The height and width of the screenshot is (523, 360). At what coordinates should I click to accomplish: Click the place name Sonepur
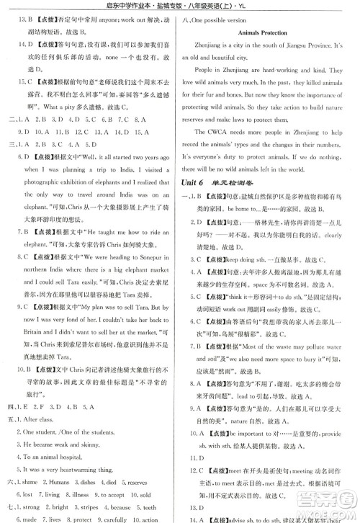[148, 259]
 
